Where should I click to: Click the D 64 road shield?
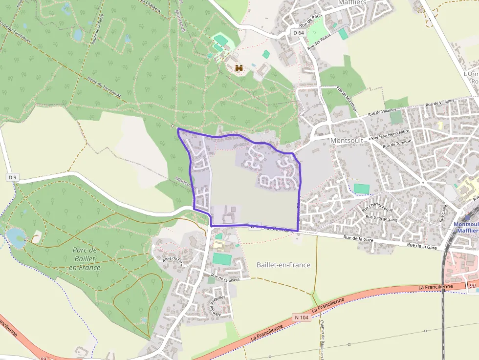coord(299,32)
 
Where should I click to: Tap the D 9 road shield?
coord(13,176)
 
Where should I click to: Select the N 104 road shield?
coord(302,318)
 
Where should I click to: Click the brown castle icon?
coord(239,68)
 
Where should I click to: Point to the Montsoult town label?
coord(347,140)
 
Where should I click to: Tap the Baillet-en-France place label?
coord(283,265)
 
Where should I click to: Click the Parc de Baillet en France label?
coord(86,258)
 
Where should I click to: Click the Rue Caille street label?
coord(444,213)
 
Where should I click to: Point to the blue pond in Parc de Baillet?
coord(16,237)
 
